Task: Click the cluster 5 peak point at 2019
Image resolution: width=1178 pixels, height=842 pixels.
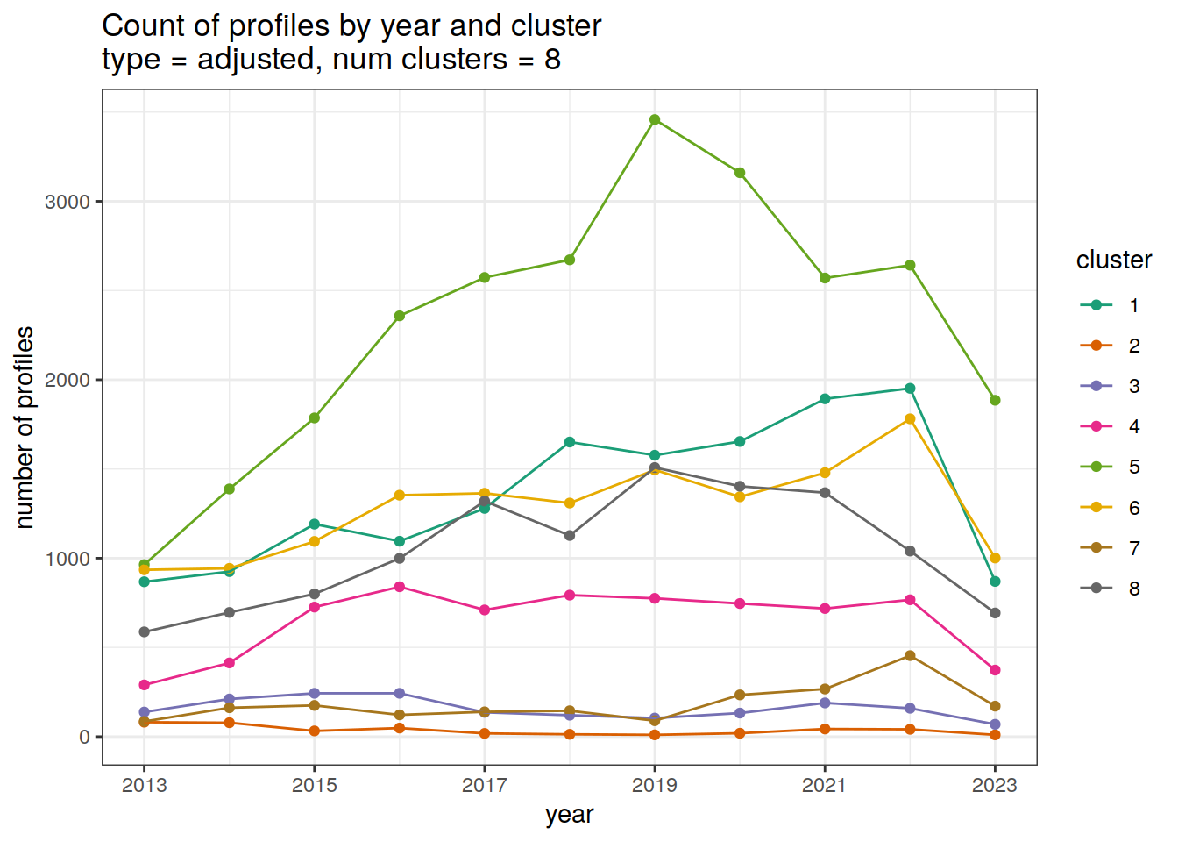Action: click(655, 119)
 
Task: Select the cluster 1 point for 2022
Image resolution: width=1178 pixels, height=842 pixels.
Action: click(910, 389)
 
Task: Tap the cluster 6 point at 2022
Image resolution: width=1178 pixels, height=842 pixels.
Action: click(910, 419)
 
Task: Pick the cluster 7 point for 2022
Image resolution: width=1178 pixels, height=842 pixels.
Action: click(910, 656)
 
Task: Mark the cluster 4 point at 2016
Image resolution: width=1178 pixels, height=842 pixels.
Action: click(400, 587)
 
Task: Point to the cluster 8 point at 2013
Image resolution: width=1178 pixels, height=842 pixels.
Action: click(145, 631)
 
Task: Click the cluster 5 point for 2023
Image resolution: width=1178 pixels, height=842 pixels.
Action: click(995, 400)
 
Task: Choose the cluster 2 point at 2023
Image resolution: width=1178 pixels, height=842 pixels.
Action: click(995, 735)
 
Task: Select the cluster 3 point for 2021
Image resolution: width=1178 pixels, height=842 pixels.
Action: click(825, 703)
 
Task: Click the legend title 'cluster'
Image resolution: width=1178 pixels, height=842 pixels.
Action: click(1113, 260)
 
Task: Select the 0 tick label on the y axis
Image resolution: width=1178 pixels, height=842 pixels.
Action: click(84, 737)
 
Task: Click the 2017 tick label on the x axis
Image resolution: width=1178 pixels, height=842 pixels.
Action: click(485, 785)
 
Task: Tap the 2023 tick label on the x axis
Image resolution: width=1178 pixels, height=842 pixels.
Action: click(995, 785)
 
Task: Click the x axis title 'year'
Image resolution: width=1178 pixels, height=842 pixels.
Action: click(570, 815)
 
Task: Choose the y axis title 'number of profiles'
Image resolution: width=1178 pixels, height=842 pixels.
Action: click(25, 427)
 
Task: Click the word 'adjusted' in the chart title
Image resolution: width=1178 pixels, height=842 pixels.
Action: click(256, 60)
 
